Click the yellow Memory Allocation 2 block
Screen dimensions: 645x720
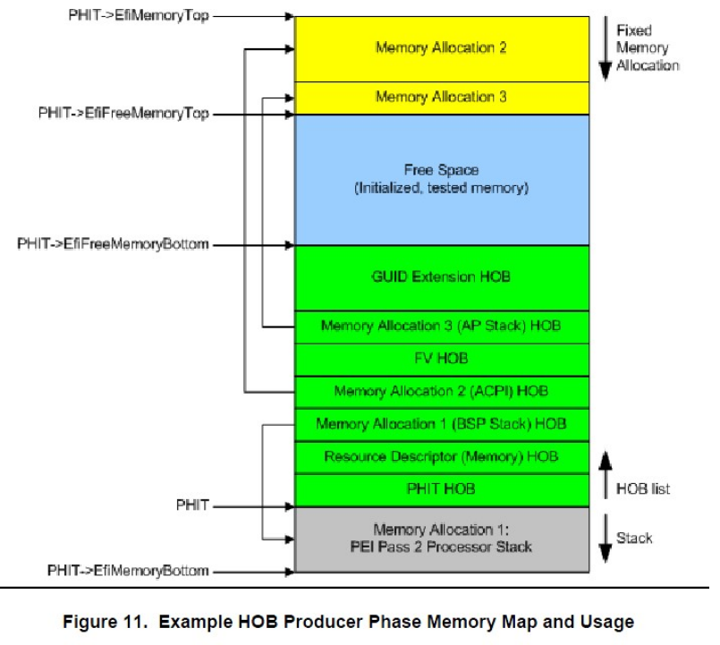coord(441,48)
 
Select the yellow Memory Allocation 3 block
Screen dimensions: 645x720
coord(441,97)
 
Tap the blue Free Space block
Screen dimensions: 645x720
coord(441,178)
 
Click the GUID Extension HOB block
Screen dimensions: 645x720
coord(441,277)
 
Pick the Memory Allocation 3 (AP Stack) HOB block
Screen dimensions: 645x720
coord(441,326)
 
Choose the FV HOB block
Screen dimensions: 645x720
coord(441,358)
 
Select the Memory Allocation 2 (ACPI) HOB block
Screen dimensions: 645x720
coord(441,391)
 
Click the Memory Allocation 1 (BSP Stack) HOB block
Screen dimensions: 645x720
coord(441,424)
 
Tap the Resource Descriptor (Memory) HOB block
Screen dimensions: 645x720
coord(441,456)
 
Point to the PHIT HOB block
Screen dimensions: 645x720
coord(441,489)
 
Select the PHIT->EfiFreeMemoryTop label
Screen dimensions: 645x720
coord(123,114)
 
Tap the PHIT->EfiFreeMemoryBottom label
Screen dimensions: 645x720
coord(113,244)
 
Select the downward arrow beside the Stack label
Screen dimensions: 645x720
coord(604,538)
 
